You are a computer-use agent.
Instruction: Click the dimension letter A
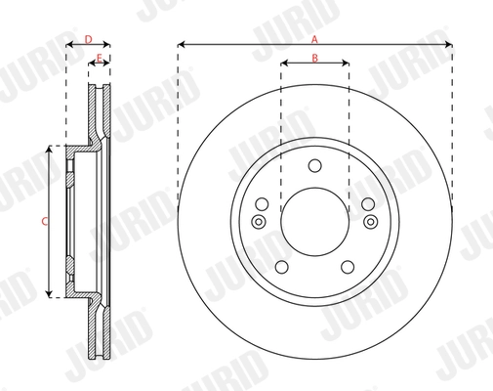tap(314, 39)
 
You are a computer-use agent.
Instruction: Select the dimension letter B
tap(314, 58)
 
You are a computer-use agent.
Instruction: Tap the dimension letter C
tap(43, 221)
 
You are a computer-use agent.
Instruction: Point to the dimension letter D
tap(88, 39)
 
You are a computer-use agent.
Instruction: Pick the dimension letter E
tap(100, 59)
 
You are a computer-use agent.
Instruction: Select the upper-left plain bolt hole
tap(262, 204)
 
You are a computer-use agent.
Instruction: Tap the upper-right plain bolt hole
tap(367, 204)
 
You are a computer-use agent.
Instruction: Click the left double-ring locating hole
tap(258, 222)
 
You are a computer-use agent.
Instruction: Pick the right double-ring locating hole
tap(371, 222)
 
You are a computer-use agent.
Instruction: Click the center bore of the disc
tap(314, 221)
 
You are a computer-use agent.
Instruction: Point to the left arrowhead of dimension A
tap(183, 45)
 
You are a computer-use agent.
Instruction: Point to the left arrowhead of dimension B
tap(284, 64)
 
